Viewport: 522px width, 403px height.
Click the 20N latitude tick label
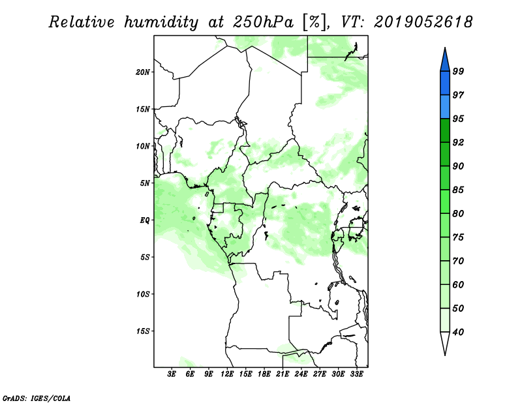click(x=143, y=72)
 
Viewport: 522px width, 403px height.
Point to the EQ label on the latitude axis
click(x=144, y=220)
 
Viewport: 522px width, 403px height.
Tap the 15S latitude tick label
click(x=143, y=331)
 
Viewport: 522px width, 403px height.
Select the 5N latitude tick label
click(x=145, y=183)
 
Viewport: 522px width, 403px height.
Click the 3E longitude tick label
click(x=172, y=374)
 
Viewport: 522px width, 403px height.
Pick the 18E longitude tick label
click(x=264, y=374)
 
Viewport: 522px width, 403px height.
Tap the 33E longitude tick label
click(x=356, y=374)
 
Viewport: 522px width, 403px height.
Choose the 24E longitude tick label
click(x=301, y=374)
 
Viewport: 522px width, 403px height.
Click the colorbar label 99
click(x=458, y=71)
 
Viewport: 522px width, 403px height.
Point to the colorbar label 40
click(x=458, y=332)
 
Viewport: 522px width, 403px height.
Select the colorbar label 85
click(x=458, y=190)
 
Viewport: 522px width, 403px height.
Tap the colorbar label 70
click(x=458, y=261)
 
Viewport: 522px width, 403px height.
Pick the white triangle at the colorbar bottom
click(x=445, y=342)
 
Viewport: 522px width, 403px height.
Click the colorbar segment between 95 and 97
click(x=445, y=107)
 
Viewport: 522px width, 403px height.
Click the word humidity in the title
click(x=161, y=22)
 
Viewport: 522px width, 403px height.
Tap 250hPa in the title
click(x=263, y=22)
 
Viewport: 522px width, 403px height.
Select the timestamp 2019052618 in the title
click(x=423, y=22)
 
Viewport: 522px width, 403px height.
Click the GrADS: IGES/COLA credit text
click(x=37, y=398)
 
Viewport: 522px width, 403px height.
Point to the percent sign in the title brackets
click(x=315, y=22)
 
